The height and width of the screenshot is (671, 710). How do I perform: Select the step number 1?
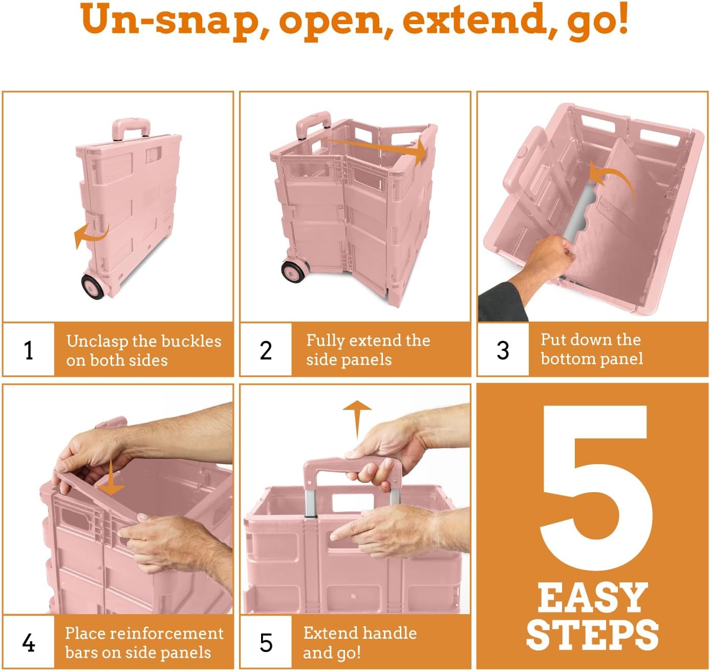click(x=29, y=350)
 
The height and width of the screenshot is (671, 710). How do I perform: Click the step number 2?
click(x=266, y=350)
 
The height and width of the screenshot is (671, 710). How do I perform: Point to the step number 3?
click(x=503, y=350)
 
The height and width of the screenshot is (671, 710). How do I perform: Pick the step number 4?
click(x=29, y=643)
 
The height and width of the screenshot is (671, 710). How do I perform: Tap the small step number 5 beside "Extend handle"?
click(x=266, y=643)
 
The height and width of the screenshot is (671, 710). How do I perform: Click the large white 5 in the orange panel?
click(x=594, y=487)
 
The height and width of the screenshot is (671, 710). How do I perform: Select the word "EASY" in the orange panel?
click(x=593, y=598)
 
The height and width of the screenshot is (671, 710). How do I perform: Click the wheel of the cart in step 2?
click(x=294, y=271)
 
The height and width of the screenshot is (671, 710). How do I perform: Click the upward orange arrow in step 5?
click(x=357, y=417)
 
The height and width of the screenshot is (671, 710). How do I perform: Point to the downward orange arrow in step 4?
click(x=111, y=478)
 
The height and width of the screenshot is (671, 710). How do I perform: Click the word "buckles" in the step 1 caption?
click(x=191, y=341)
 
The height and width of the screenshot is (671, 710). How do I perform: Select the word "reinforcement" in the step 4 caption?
click(x=168, y=634)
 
